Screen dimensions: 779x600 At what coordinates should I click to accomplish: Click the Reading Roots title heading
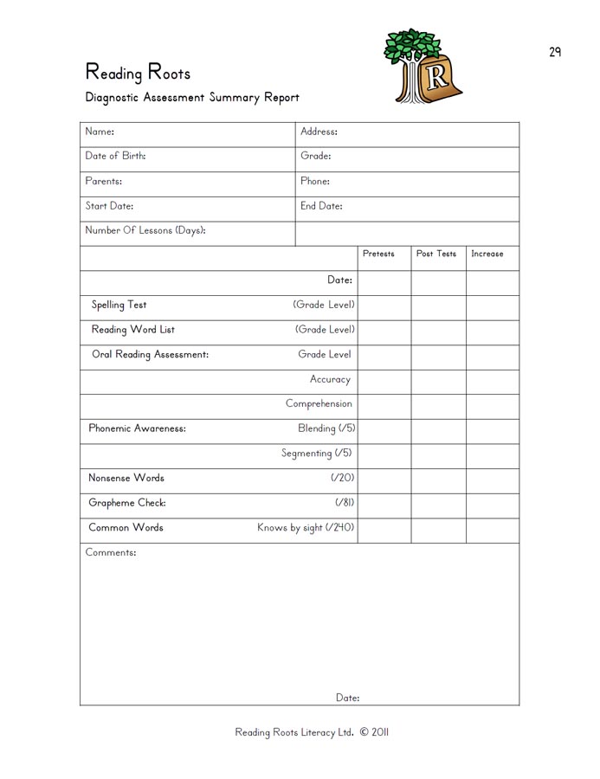tap(138, 72)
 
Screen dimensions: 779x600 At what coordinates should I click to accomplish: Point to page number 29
tap(555, 52)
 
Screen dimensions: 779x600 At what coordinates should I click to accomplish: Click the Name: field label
tap(100, 132)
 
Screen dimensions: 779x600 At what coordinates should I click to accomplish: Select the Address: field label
tap(319, 132)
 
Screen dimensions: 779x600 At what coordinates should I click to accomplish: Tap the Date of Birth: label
tap(115, 157)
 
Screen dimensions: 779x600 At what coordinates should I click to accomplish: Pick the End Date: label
tap(321, 207)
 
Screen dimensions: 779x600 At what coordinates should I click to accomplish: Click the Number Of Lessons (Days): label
tap(145, 231)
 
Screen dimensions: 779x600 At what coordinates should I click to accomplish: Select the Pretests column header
tap(378, 254)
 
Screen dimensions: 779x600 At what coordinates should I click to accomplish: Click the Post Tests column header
tap(436, 254)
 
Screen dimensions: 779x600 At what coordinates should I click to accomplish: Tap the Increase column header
tap(487, 254)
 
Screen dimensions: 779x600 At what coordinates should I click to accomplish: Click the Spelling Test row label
tap(119, 305)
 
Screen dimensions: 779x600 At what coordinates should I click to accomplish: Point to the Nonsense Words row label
tap(126, 478)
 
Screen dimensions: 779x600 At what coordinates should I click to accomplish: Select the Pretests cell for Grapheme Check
tap(384, 503)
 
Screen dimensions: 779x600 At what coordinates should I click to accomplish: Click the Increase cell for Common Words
tap(493, 528)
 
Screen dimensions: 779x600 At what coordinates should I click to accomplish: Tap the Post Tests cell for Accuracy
tap(438, 379)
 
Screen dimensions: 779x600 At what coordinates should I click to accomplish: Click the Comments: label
tap(111, 552)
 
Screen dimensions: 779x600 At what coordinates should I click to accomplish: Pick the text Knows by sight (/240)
tap(306, 528)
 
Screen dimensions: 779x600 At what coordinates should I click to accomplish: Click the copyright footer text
tap(312, 732)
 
